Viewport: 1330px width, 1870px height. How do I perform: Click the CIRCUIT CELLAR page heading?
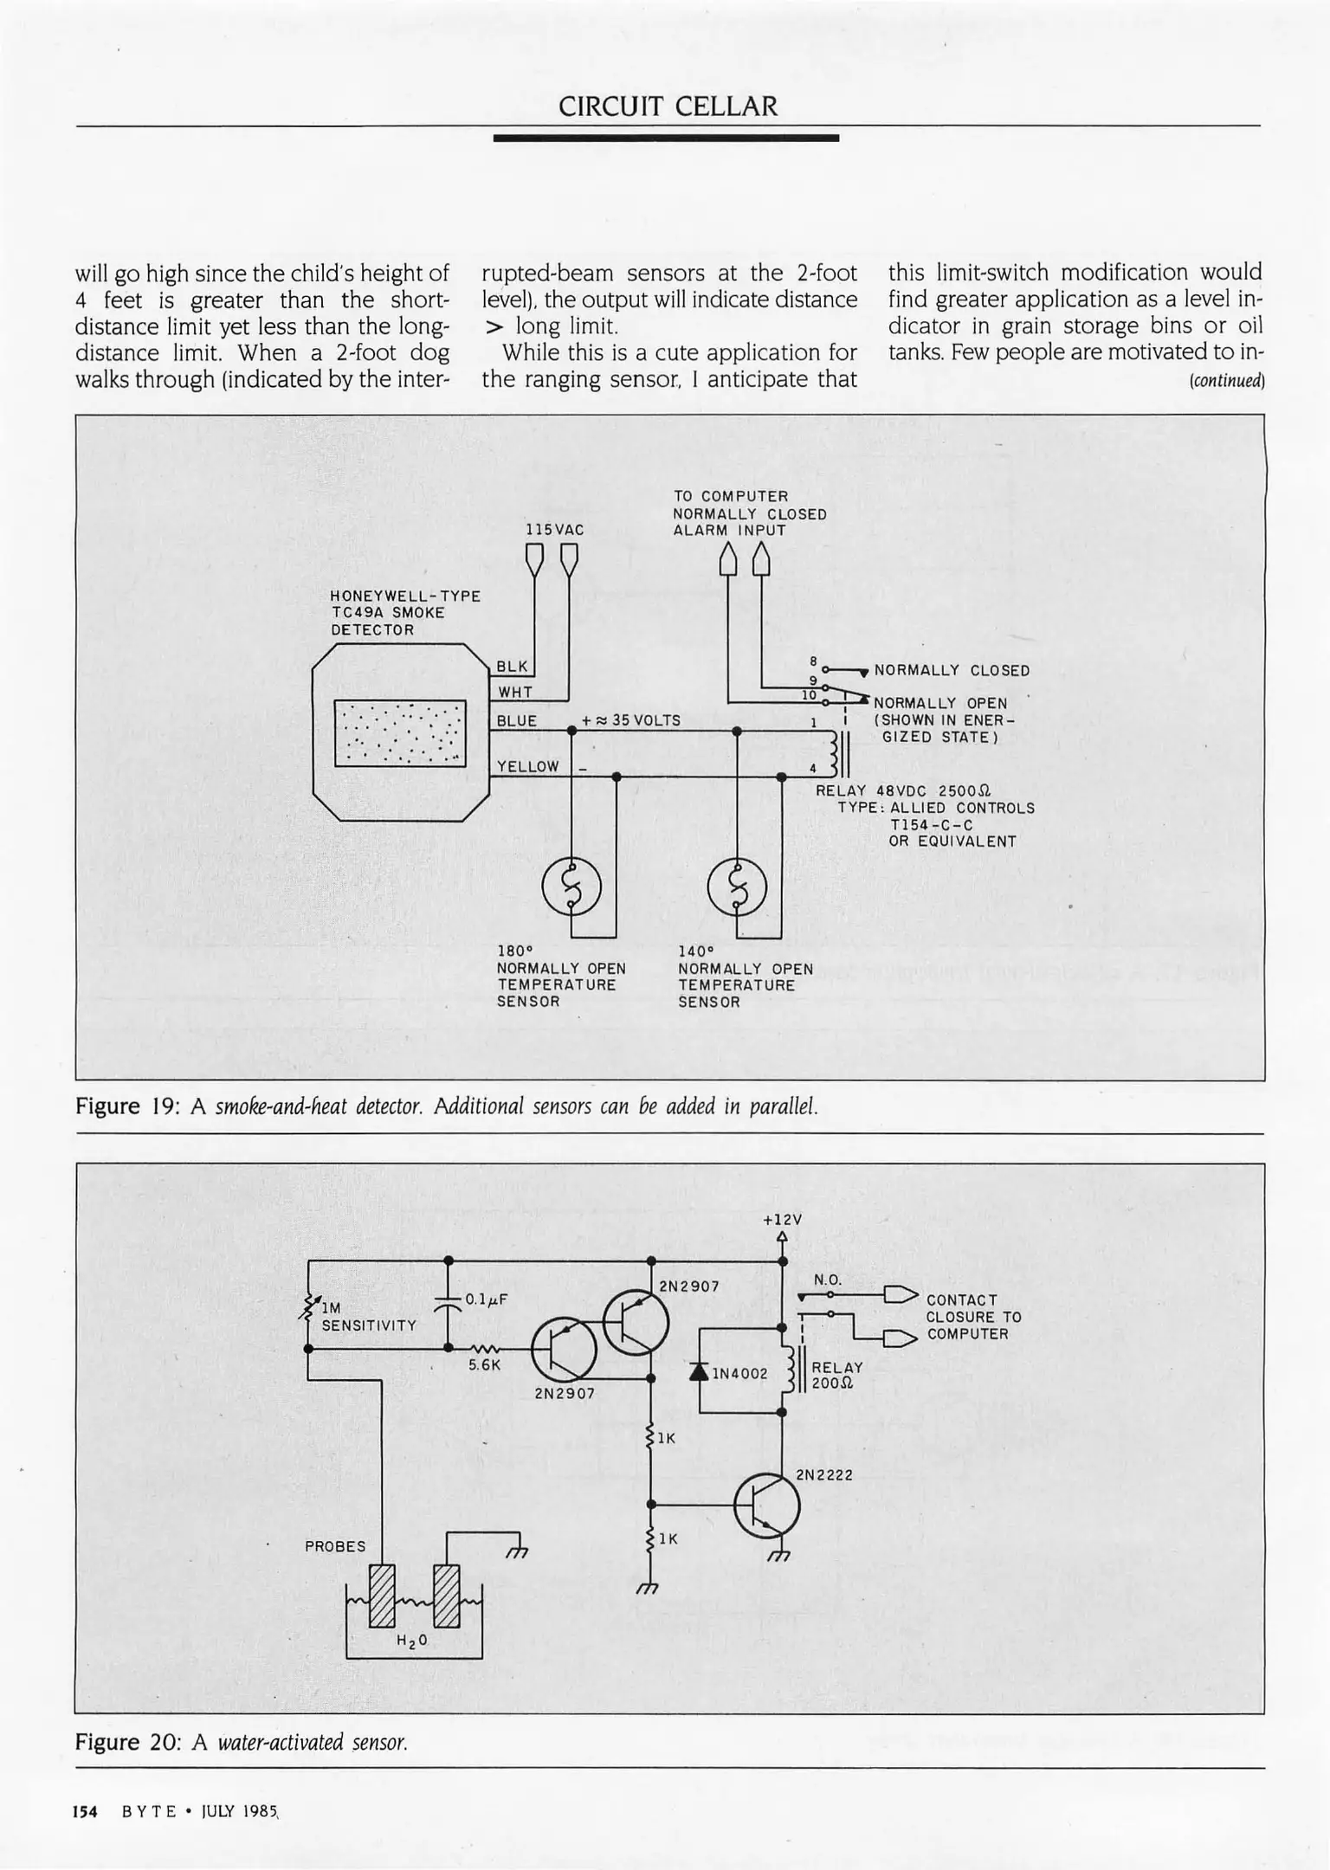point(668,106)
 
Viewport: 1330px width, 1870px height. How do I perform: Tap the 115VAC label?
point(554,530)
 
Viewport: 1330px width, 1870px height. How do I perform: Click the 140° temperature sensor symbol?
point(737,889)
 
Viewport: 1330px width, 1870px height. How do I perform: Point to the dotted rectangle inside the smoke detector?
point(400,733)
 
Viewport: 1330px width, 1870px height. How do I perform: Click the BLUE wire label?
point(517,721)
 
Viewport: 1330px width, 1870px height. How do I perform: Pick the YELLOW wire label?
point(528,766)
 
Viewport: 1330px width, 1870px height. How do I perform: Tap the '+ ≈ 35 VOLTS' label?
point(631,720)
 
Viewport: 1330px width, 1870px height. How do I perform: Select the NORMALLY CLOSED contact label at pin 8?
point(952,671)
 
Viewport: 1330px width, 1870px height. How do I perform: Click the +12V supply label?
point(782,1220)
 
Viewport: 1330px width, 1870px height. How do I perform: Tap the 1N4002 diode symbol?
point(699,1371)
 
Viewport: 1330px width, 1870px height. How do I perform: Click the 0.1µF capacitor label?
point(486,1299)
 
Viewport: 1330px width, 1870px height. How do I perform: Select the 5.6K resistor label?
point(485,1365)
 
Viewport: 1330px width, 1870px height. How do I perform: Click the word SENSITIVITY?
point(369,1325)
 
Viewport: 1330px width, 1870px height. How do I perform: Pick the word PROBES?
point(335,1547)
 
